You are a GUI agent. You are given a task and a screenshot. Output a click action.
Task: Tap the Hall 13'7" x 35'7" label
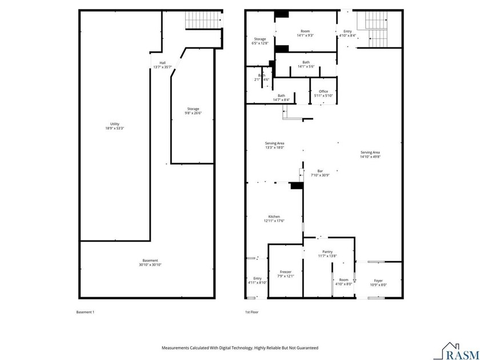[162, 65]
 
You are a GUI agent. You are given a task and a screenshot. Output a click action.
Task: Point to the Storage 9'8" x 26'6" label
[193, 110]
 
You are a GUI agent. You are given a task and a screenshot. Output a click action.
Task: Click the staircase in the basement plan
[203, 21]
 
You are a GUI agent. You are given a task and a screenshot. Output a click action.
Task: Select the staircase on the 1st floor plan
[377, 31]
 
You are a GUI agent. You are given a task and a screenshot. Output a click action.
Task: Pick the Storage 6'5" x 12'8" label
[260, 41]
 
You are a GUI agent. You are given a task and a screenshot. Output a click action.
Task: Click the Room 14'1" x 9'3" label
[305, 33]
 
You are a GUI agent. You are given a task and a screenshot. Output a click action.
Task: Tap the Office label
[323, 93]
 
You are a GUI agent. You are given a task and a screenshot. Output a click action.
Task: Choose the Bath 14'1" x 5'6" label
[306, 64]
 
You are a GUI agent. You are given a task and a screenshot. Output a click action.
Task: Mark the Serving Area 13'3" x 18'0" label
[274, 145]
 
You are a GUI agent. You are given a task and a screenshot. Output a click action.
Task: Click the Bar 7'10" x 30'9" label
[320, 173]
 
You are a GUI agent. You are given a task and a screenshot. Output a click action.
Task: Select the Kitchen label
[274, 218]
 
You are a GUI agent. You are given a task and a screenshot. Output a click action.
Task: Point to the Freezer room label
[286, 274]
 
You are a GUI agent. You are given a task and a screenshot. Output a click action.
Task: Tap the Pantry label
[327, 254]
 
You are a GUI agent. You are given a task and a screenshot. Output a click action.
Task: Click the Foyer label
[378, 282]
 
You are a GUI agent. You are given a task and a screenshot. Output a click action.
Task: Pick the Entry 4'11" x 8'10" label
[257, 281]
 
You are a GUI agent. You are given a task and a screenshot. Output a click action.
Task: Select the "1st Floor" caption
[253, 312]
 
